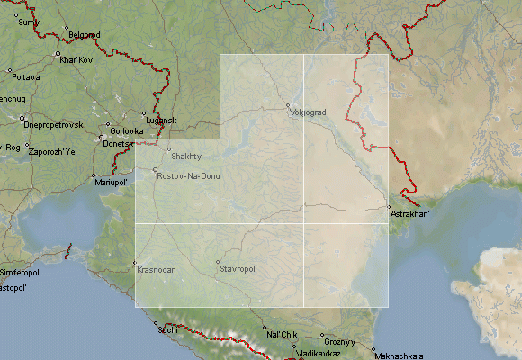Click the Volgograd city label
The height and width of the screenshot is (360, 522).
(x=309, y=112)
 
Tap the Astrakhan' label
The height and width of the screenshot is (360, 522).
(x=410, y=215)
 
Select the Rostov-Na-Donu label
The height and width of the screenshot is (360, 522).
(x=187, y=175)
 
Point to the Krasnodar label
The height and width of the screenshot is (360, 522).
(x=156, y=269)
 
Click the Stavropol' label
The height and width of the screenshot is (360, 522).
(x=239, y=269)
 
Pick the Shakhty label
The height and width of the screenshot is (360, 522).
(x=186, y=156)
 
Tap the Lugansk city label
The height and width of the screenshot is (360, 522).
(x=161, y=121)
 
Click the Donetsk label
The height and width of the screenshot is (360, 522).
(x=118, y=144)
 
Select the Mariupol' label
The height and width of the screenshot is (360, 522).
(x=112, y=183)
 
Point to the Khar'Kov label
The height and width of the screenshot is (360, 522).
(x=76, y=59)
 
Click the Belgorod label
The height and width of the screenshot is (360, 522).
(x=82, y=35)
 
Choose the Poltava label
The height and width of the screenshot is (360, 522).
(x=25, y=77)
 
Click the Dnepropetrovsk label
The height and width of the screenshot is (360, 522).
(x=53, y=123)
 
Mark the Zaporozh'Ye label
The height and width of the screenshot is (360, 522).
(x=52, y=151)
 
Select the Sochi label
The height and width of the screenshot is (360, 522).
(x=167, y=330)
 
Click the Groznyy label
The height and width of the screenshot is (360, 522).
(x=341, y=342)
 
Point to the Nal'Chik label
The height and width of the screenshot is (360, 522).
(x=282, y=335)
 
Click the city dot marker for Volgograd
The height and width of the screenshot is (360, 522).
(x=289, y=106)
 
